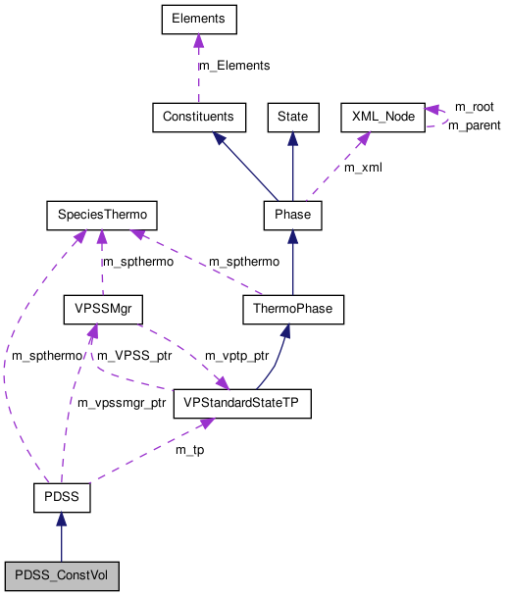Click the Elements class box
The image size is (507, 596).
click(x=198, y=19)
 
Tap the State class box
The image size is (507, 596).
click(x=292, y=117)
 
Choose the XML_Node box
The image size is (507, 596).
click(x=381, y=117)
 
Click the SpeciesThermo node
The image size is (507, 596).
click(x=102, y=214)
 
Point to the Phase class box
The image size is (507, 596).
click(x=292, y=214)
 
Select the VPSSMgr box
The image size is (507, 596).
click(x=102, y=310)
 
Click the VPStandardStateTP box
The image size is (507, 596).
click(x=241, y=404)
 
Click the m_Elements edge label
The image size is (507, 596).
click(x=234, y=66)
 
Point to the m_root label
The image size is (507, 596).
click(x=474, y=106)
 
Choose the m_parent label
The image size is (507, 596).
click(x=474, y=125)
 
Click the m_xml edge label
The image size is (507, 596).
click(x=363, y=168)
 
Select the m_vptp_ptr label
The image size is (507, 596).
click(x=236, y=355)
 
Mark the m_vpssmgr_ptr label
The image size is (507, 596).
click(x=122, y=403)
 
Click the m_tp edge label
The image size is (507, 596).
click(x=189, y=450)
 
